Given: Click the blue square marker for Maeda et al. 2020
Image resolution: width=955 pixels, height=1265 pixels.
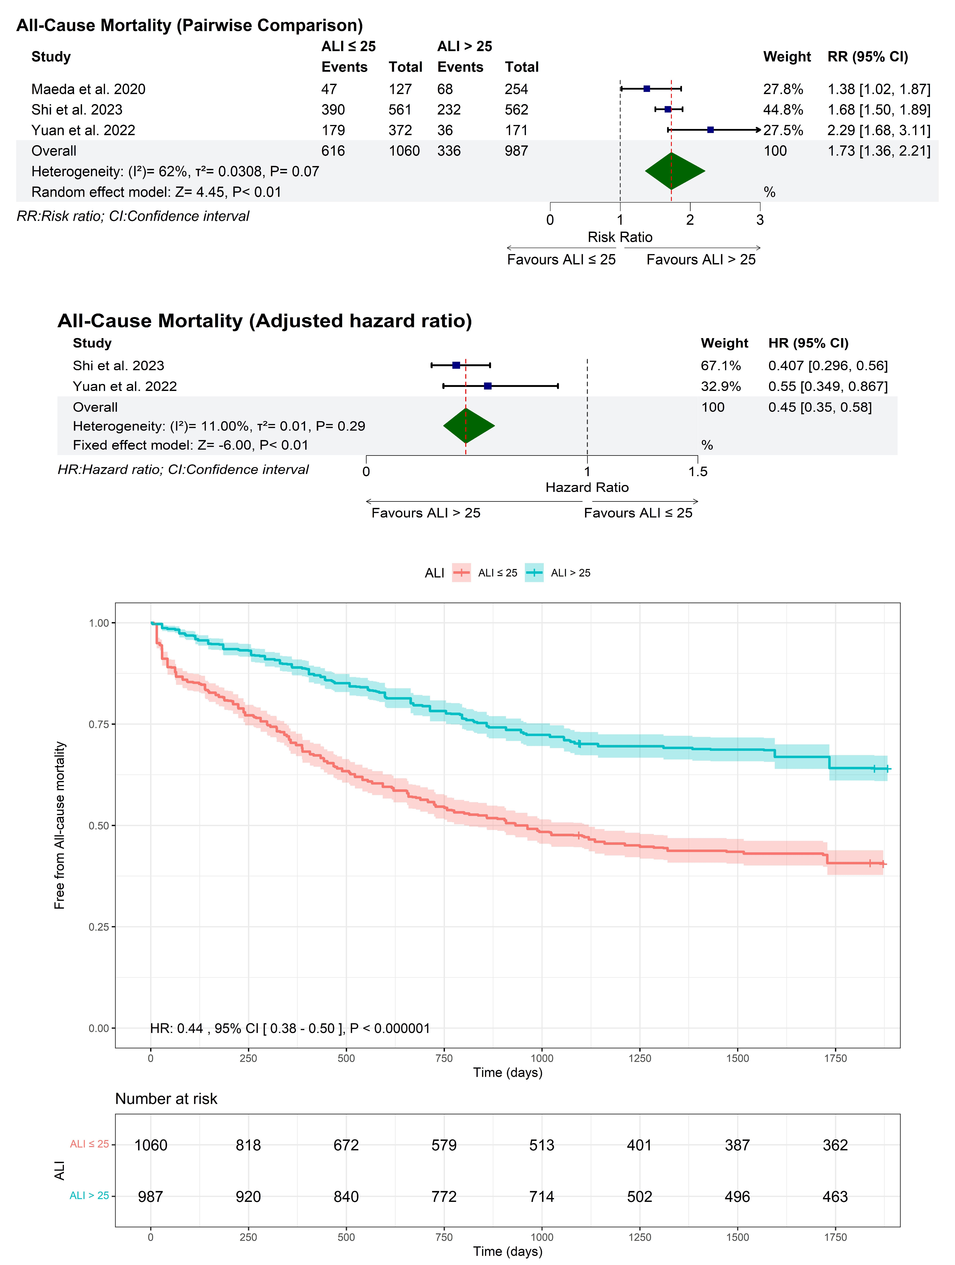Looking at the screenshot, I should [x=647, y=89].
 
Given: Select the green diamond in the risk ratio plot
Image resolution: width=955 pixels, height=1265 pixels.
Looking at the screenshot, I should [x=675, y=171].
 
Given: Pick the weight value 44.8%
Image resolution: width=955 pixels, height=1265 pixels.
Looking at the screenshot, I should [x=783, y=110].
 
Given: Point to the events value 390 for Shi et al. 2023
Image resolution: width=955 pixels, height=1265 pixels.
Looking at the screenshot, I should [x=333, y=110].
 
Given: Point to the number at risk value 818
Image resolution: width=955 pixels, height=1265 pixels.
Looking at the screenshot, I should [x=248, y=1145].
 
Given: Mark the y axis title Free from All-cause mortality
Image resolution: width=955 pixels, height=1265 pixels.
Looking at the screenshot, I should [x=59, y=825].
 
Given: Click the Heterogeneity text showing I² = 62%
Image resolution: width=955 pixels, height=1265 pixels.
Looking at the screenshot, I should [x=175, y=172].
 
